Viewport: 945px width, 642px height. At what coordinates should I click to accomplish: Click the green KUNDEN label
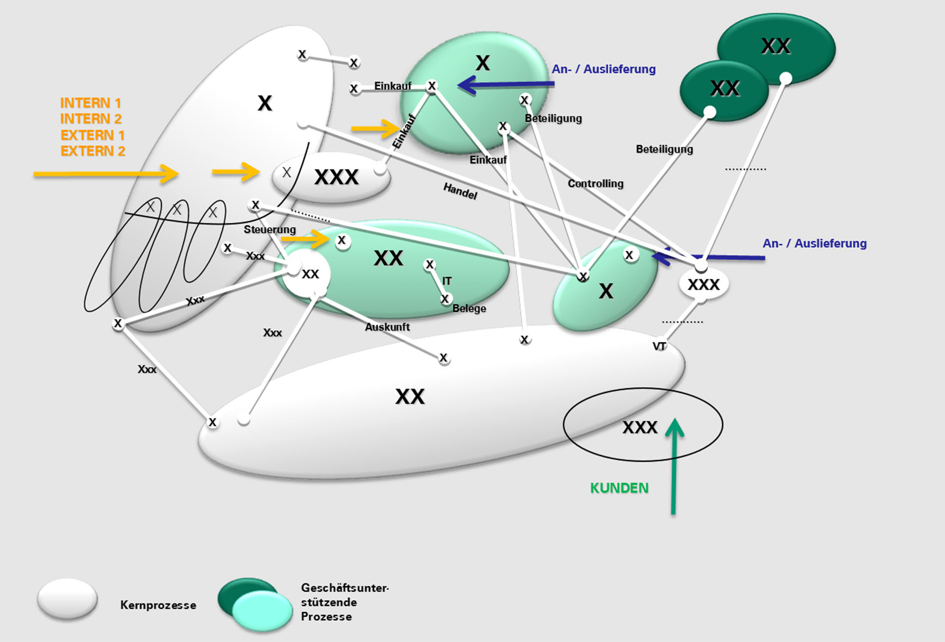point(619,488)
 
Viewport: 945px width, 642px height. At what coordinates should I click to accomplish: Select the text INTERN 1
point(91,103)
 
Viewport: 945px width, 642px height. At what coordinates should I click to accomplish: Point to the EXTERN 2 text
point(93,151)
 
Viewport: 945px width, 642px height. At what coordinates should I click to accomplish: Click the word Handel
point(460,191)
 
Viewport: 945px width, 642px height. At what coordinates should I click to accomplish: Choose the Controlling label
point(596,183)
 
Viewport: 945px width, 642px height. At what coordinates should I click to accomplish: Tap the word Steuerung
point(270,230)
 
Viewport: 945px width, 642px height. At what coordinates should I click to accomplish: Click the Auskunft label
point(387,327)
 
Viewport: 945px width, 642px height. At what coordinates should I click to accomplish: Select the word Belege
point(469,308)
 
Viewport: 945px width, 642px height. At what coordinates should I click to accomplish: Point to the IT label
point(447,281)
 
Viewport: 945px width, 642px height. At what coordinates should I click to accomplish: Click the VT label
point(659,346)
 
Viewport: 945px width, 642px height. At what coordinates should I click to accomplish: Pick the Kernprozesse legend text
point(158,605)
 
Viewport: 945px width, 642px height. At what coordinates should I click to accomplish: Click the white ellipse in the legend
point(67,598)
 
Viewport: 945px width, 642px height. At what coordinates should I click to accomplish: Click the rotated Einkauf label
point(404,131)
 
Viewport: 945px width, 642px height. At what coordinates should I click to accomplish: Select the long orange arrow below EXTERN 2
point(106,174)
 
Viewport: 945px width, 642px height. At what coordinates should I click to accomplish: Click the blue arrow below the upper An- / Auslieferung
point(506,85)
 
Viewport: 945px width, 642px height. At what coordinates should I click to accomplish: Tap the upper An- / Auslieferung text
point(604,69)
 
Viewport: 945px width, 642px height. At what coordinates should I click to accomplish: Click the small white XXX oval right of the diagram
point(704,284)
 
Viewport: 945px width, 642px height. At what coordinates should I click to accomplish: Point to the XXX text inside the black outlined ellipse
point(640,427)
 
